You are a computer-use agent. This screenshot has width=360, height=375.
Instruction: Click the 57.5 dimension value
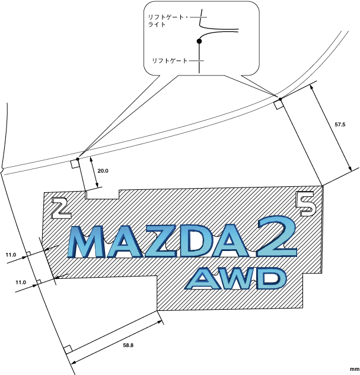pos(340,125)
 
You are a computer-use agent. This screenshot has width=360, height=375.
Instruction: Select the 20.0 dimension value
pos(103,171)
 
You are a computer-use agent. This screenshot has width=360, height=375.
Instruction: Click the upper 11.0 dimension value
pos(11,255)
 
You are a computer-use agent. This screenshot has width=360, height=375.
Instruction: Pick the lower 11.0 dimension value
pos(21,282)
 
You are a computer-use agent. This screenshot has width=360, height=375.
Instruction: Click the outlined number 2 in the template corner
pos(60,207)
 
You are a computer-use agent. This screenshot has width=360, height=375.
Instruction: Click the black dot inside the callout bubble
pos(200,42)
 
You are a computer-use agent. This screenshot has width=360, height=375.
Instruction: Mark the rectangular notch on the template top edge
pos(103,194)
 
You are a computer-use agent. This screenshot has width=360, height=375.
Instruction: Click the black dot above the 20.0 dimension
pos(78,158)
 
